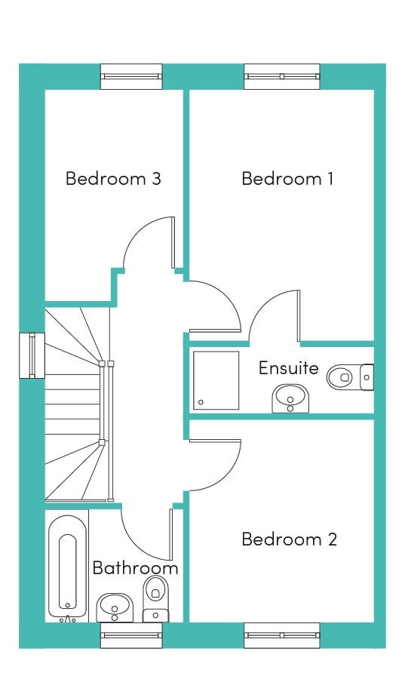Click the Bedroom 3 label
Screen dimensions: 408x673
[x=113, y=178]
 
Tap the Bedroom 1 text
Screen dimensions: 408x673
[x=287, y=178]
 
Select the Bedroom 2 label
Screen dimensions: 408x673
[x=289, y=539]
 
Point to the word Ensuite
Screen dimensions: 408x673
[x=289, y=368]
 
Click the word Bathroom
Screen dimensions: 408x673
[x=135, y=568]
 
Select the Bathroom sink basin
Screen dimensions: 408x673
[x=115, y=608]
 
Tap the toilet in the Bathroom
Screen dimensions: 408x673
[x=155, y=599]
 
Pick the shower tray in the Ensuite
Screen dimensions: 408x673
[x=216, y=380]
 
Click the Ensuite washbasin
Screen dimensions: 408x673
[x=290, y=398]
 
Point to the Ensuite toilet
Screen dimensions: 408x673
[x=351, y=377]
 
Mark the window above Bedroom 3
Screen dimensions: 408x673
[x=131, y=76]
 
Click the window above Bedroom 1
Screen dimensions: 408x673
[x=282, y=76]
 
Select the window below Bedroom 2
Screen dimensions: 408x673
[x=282, y=635]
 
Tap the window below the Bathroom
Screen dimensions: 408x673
[x=131, y=635]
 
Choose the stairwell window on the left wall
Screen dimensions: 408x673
[x=32, y=356]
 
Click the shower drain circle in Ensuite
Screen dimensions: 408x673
[x=201, y=403]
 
